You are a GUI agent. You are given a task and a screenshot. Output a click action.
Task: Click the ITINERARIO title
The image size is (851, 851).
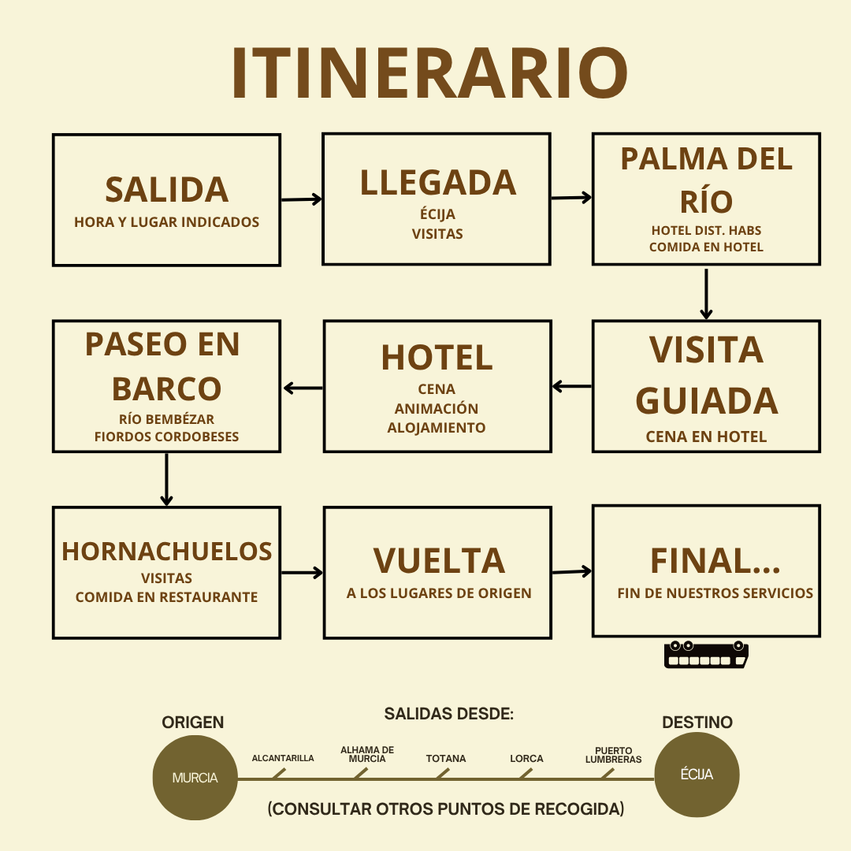(x=429, y=73)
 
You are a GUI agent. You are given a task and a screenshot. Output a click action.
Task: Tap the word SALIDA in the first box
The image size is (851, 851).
(x=166, y=190)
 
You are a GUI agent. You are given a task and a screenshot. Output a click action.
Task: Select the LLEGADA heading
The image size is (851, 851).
(x=437, y=183)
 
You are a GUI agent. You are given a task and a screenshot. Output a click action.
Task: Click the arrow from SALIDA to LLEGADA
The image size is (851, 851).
(x=301, y=199)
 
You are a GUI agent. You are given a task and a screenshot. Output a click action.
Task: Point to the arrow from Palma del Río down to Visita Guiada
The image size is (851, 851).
(x=706, y=293)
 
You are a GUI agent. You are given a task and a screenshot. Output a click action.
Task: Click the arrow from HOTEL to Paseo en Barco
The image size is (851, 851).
(x=303, y=388)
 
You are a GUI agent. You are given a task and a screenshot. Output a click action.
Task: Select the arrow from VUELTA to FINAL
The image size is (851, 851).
(x=571, y=572)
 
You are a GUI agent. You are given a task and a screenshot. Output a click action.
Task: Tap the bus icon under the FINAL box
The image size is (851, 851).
(x=706, y=655)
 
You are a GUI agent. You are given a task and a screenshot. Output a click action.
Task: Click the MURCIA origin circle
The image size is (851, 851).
(x=195, y=778)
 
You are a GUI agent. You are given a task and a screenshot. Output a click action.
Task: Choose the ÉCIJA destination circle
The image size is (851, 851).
(x=697, y=775)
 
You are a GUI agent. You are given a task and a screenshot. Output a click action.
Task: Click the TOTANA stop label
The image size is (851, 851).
(x=446, y=759)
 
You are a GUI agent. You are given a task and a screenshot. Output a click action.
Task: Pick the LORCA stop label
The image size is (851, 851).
(x=526, y=759)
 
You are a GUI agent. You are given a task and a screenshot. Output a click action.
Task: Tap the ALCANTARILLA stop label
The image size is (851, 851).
(x=283, y=759)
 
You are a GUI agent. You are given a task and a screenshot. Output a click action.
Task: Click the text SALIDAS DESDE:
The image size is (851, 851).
(x=449, y=715)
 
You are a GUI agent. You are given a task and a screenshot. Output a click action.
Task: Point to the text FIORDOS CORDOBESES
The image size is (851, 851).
(x=166, y=437)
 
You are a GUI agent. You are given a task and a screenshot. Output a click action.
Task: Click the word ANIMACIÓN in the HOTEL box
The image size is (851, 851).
(x=437, y=409)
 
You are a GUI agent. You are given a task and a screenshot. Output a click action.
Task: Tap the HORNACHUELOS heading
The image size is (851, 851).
(x=167, y=552)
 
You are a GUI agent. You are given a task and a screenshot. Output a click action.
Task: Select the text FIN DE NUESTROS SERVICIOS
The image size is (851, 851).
(x=715, y=593)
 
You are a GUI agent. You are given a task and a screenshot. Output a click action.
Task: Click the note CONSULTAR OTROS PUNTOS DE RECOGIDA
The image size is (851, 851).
(x=446, y=809)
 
